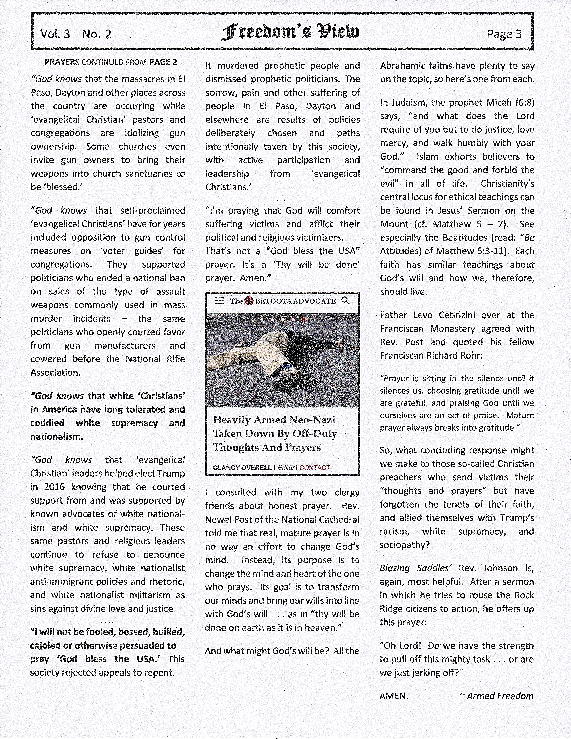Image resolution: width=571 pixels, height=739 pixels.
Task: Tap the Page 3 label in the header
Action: pos(504,34)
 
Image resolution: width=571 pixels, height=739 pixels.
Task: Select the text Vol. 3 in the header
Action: pos(55,34)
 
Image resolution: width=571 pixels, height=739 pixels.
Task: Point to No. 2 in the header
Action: pos(97,34)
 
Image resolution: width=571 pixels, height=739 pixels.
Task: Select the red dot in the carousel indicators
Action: pos(304,319)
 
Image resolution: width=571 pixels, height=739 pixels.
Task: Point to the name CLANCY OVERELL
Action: pos(242,468)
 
